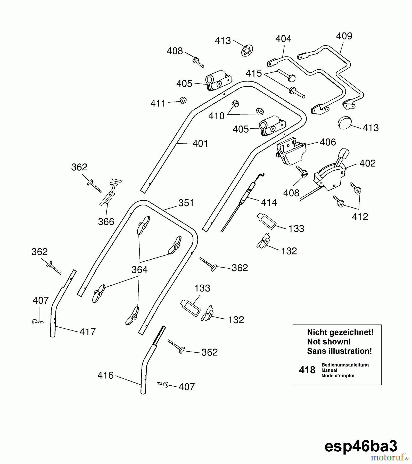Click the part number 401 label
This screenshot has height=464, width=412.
tap(200, 144)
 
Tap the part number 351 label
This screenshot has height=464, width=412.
tap(186, 203)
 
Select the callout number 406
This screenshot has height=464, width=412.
tap(328, 142)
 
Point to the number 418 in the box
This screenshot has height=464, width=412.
tap(307, 370)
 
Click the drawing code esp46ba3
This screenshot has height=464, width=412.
tap(361, 446)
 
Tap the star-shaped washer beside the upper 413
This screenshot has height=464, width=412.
tap(247, 51)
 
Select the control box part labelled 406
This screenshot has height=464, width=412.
tap(290, 151)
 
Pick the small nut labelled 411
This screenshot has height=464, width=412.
tap(183, 101)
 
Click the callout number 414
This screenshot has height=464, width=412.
tap(269, 203)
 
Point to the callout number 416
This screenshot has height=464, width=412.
tap(105, 375)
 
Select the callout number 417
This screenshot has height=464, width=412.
tap(87, 332)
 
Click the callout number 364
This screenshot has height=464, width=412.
tap(139, 270)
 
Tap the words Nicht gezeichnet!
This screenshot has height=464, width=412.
tap(340, 333)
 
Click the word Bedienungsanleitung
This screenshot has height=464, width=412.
tap(345, 365)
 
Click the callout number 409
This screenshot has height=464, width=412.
tap(344, 36)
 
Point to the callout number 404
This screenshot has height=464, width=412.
tap(283, 39)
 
